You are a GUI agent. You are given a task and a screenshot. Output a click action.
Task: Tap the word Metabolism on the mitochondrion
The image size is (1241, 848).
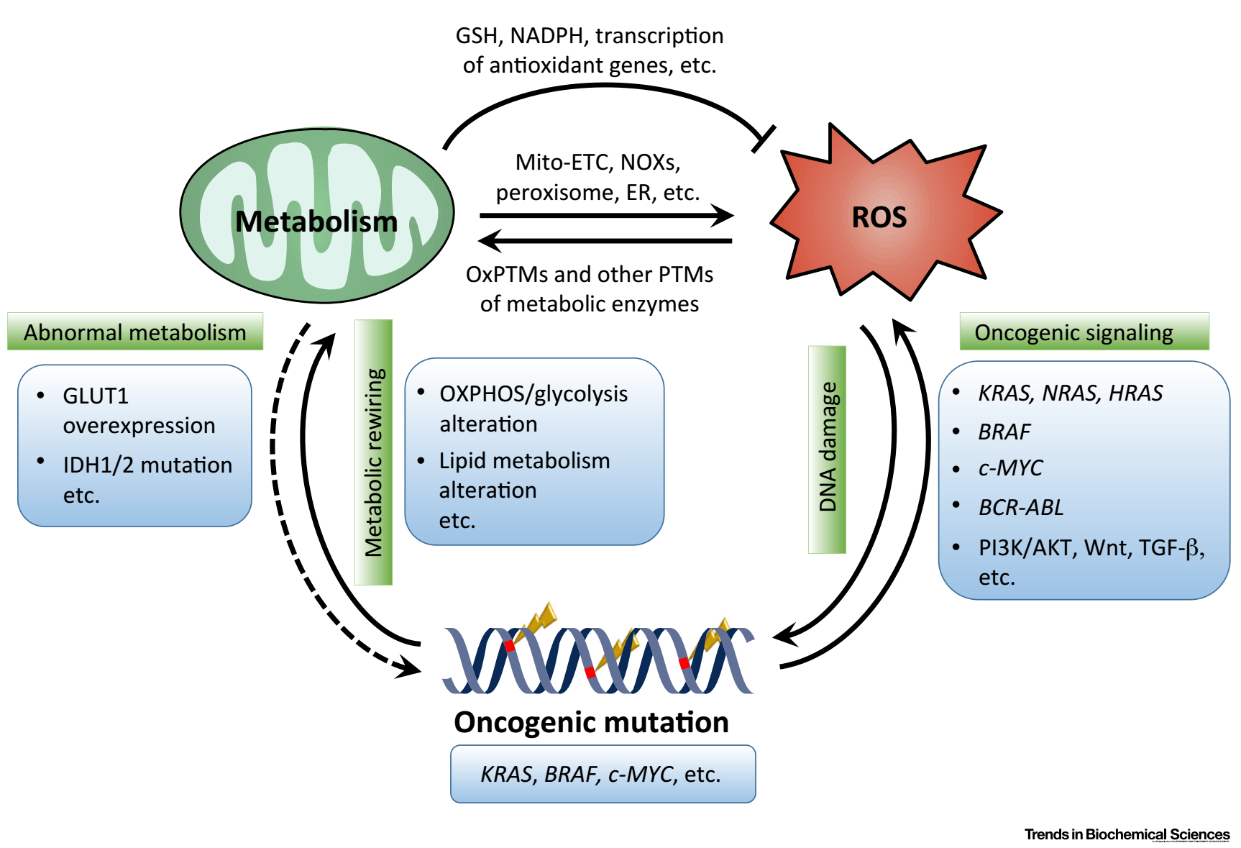tap(316, 222)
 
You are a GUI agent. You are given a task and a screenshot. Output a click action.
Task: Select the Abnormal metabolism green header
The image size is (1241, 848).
tap(135, 332)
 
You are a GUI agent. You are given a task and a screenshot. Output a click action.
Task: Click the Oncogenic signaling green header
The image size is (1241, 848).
tap(1084, 332)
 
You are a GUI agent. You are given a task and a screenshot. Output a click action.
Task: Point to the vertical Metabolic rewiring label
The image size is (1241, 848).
tap(373, 452)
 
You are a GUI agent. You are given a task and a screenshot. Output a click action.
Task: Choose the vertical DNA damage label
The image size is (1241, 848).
tap(827, 450)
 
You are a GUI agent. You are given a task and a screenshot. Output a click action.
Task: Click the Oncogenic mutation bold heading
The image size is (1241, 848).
tap(591, 722)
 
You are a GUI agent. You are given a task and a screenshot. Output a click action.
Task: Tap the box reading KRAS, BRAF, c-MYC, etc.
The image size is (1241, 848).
tap(603, 774)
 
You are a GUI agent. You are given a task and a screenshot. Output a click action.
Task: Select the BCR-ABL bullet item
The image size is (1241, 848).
tap(1021, 508)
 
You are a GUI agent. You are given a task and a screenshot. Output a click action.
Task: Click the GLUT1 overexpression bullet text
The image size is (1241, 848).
tap(139, 411)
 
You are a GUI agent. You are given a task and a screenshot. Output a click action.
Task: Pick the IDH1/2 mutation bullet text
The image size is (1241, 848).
tap(147, 465)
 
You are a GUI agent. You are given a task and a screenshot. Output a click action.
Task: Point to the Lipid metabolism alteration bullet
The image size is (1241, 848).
tap(524, 475)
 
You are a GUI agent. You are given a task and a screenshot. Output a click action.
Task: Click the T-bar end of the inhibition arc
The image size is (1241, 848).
tap(763, 139)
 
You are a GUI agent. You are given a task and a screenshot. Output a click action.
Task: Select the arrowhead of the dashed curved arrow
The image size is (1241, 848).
tap(409, 667)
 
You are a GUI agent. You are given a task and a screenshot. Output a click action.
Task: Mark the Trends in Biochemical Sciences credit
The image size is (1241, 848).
tap(1127, 834)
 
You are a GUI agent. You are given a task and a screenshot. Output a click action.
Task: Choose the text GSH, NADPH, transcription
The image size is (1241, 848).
tap(590, 36)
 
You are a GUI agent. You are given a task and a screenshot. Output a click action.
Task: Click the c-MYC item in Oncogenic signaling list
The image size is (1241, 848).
tap(1010, 468)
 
